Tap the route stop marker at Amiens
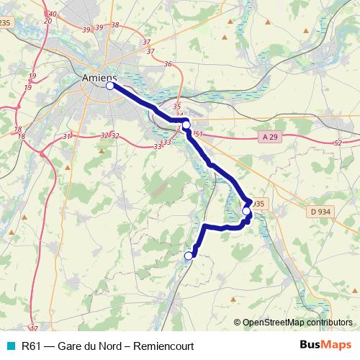(110, 86)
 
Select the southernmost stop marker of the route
(189, 256)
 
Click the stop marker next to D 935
(246, 211)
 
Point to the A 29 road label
(268, 137)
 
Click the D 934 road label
(320, 211)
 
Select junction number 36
(168, 64)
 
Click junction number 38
(115, 25)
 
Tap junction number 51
(199, 134)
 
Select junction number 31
(66, 137)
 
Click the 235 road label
(6, 23)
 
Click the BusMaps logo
(325, 346)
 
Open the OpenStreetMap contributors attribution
(297, 323)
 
